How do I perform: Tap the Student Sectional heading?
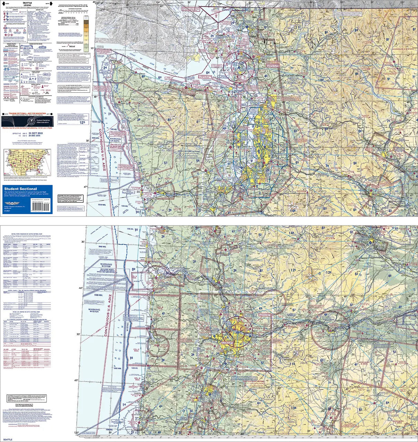click(20, 189)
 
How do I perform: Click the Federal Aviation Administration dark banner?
click(27, 121)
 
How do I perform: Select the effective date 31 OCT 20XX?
click(36, 133)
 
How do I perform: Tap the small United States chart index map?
click(27, 162)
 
